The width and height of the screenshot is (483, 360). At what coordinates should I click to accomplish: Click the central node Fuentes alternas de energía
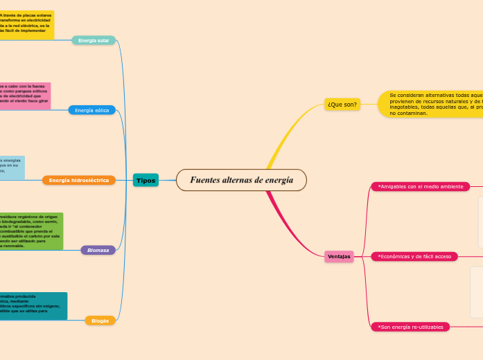(x=241, y=180)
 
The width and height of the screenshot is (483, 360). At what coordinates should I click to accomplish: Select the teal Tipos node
(x=146, y=180)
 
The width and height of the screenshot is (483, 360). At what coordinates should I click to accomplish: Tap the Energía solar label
(x=94, y=40)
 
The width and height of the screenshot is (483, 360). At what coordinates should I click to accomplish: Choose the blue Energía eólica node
(x=91, y=110)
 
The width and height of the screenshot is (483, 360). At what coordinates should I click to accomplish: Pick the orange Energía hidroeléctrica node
(x=79, y=180)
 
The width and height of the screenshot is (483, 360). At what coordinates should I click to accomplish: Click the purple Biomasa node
(x=98, y=250)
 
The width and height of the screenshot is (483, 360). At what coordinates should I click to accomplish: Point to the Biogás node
(x=100, y=321)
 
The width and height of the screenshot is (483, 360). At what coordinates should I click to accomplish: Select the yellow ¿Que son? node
(x=342, y=105)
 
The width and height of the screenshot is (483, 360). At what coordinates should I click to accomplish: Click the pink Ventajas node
(x=339, y=256)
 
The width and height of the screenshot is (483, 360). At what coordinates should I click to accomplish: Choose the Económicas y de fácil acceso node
(x=414, y=256)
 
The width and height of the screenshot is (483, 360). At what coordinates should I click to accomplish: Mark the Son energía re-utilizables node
(x=410, y=327)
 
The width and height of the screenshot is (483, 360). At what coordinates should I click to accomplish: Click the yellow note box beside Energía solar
(x=26, y=25)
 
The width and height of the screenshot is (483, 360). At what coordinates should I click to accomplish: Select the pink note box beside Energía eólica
(x=25, y=96)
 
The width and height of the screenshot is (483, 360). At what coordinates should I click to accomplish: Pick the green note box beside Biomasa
(x=31, y=231)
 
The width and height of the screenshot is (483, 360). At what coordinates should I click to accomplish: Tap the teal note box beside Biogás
(x=33, y=306)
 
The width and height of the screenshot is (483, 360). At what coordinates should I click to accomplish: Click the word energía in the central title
(x=279, y=180)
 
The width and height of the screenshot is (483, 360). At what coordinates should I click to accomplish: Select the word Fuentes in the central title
(x=205, y=180)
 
